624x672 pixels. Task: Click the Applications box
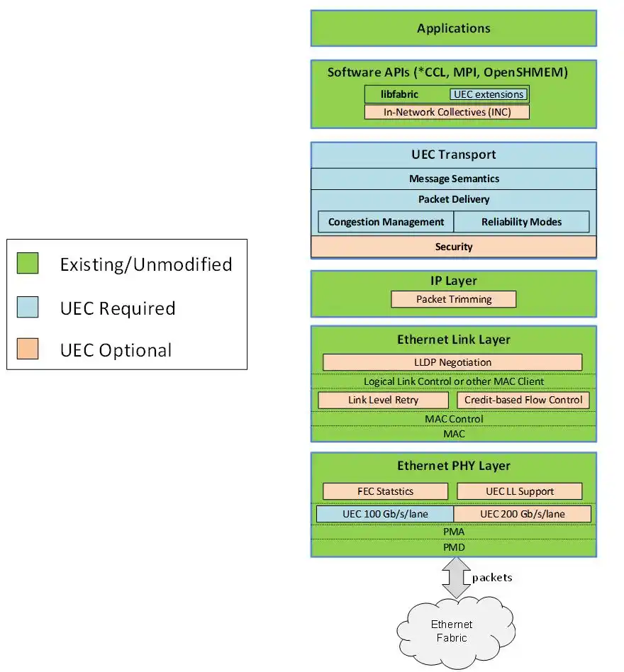(x=454, y=28)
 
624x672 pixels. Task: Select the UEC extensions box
(x=489, y=94)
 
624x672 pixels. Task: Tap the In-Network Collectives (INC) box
(x=447, y=112)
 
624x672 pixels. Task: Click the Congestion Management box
(x=386, y=222)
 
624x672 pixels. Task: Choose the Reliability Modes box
(x=521, y=222)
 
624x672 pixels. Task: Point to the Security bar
(x=454, y=247)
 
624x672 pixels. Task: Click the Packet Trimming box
(x=454, y=299)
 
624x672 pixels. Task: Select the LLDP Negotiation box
(x=452, y=362)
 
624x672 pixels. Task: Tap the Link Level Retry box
(x=384, y=400)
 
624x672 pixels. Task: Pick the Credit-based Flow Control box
(x=523, y=400)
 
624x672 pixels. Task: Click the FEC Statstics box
(x=385, y=491)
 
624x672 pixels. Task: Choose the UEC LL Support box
(x=520, y=491)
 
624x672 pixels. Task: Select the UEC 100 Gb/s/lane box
(x=384, y=514)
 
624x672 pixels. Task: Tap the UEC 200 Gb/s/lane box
(x=523, y=514)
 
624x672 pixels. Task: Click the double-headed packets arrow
(x=457, y=577)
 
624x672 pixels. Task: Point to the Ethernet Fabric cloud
(x=452, y=631)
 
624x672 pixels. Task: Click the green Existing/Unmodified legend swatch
(x=28, y=264)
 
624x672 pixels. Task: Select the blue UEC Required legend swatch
(x=28, y=308)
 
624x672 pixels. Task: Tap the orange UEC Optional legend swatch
(x=28, y=349)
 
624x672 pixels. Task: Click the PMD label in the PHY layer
(x=454, y=547)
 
